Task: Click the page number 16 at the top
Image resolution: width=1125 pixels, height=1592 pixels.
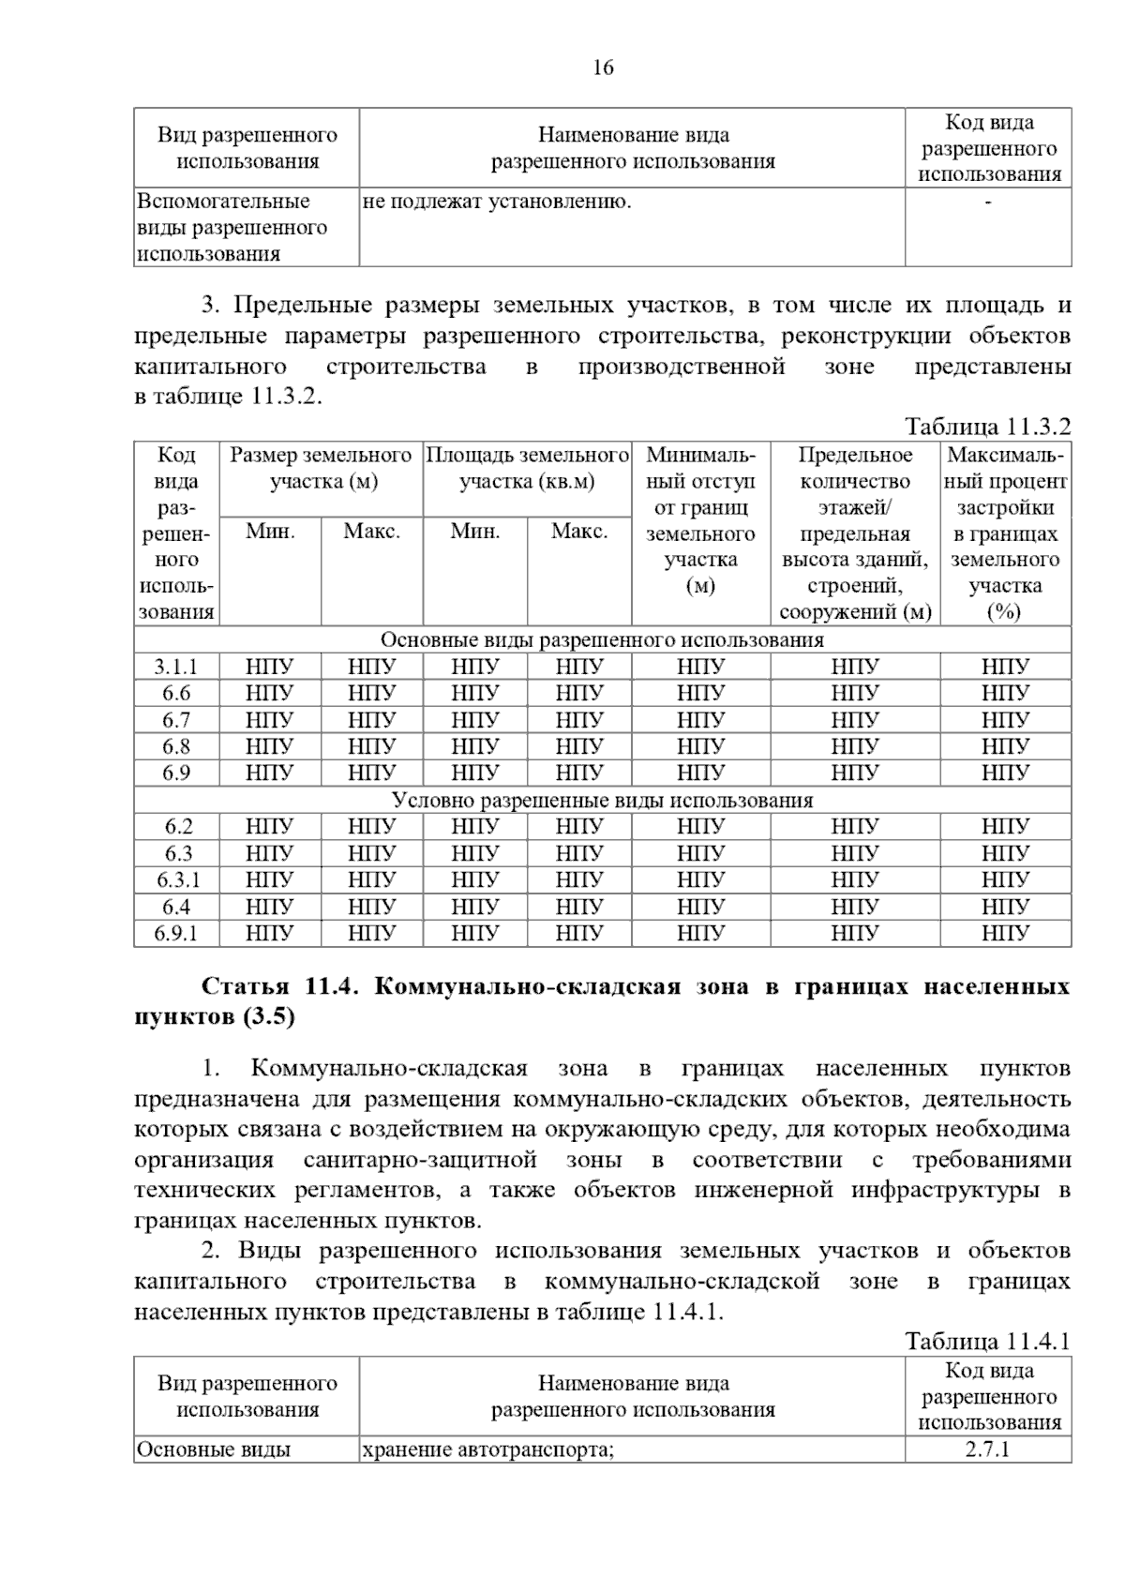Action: pos(603,68)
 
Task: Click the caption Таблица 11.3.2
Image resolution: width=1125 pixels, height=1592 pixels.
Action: pos(987,427)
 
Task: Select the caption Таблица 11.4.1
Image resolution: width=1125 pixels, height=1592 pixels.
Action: pos(987,1341)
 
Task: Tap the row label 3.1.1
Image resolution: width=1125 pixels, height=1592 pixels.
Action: pos(176,667)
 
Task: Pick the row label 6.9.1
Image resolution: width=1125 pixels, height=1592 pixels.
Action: pos(176,933)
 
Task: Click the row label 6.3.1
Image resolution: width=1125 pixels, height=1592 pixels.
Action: pos(176,879)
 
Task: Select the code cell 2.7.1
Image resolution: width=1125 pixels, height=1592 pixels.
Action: pos(987,1449)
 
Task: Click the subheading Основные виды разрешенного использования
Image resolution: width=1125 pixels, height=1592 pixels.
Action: pos(602,639)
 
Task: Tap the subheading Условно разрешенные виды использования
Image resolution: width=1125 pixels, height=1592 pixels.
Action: pos(602,800)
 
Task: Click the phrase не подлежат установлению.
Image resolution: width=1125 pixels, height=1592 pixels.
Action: pos(496,201)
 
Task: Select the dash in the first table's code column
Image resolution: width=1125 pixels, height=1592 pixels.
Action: pos(987,202)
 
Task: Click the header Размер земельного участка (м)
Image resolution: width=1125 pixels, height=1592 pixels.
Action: pos(321,469)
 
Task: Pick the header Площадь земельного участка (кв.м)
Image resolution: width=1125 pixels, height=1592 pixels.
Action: pos(527,469)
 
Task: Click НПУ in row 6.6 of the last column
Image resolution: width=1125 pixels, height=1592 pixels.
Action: pos(1005,693)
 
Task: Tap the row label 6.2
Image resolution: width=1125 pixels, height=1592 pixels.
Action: pos(176,826)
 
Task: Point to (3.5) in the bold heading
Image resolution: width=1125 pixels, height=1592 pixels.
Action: pos(267,1017)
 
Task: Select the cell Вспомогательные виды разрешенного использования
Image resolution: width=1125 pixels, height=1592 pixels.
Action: pos(232,228)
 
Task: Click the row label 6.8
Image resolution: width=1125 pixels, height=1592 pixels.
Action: pos(176,746)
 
